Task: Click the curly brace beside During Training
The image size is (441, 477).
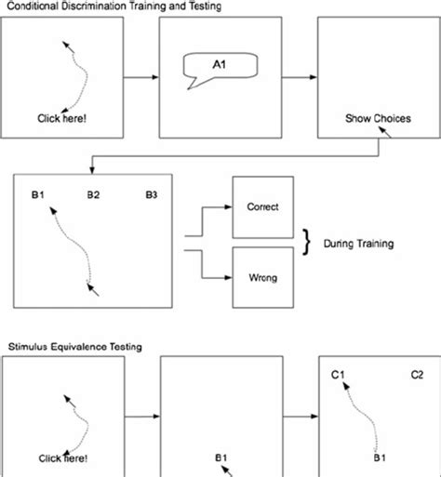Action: click(x=304, y=243)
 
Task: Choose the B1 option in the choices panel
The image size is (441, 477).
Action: click(x=37, y=195)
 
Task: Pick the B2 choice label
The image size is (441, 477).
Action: click(x=93, y=195)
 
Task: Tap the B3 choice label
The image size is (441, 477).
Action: click(x=153, y=195)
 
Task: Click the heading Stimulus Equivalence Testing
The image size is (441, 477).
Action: click(x=71, y=347)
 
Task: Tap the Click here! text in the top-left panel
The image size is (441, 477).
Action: click(x=63, y=118)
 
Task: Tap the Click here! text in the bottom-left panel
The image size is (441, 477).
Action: click(x=63, y=458)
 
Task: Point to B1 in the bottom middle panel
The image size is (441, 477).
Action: click(x=221, y=457)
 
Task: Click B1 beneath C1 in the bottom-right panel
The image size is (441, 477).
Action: click(x=380, y=457)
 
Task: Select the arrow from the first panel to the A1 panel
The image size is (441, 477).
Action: click(x=141, y=77)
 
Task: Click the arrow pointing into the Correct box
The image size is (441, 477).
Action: click(x=220, y=208)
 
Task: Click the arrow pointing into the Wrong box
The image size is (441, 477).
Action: click(x=220, y=276)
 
